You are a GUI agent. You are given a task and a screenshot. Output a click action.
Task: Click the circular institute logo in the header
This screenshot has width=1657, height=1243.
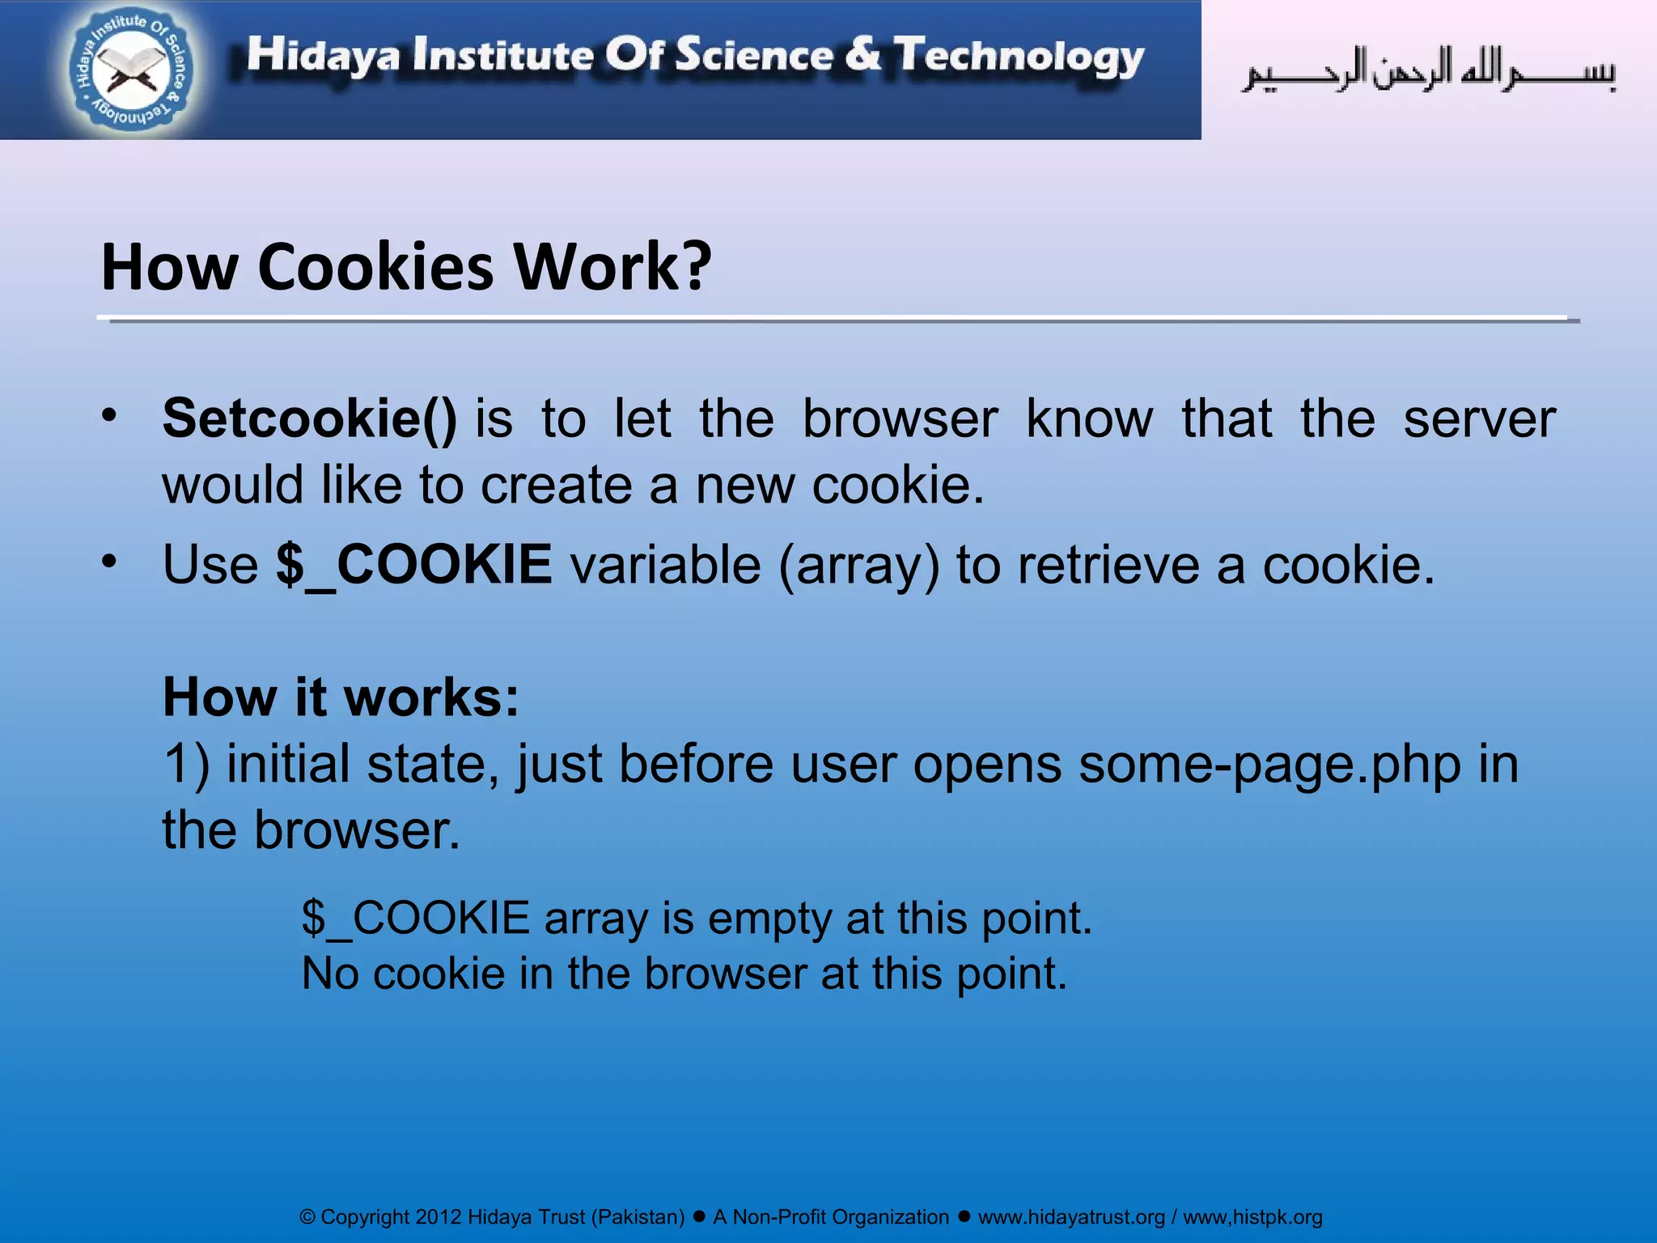pos(131,70)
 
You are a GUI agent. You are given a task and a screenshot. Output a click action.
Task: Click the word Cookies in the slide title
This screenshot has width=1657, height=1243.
pos(375,267)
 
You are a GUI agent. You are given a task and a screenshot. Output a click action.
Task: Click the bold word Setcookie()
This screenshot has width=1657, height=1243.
pos(310,418)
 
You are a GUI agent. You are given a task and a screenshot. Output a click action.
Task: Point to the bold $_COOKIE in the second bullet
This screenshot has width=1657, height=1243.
pos(414,564)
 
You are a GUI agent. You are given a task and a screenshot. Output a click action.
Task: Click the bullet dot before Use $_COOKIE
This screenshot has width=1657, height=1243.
pos(109,560)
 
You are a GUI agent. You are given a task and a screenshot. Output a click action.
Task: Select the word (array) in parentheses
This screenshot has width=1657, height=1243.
pos(859,565)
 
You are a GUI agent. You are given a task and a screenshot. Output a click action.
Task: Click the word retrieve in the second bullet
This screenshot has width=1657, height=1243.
pos(1108,564)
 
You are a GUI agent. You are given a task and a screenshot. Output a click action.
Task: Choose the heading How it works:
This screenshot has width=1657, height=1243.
pos(341,697)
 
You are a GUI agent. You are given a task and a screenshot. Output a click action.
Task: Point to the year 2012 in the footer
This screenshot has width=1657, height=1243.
pos(438,1217)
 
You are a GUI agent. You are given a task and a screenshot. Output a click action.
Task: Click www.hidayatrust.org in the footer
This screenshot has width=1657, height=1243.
pos(1071,1217)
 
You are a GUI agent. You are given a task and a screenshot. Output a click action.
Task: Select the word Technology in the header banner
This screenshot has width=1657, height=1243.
pos(1019,57)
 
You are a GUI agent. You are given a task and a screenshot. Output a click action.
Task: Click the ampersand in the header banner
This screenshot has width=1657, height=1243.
pos(863,54)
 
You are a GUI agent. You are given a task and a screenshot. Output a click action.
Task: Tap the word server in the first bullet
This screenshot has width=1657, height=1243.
pos(1479,418)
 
